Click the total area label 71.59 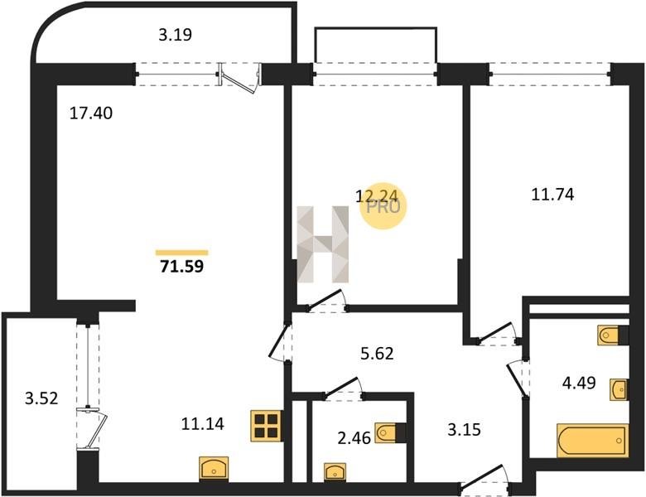pyautogui.click(x=181, y=267)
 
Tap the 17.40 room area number pyautogui.click(x=90, y=113)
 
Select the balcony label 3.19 pyautogui.click(x=175, y=35)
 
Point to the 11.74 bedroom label pyautogui.click(x=552, y=194)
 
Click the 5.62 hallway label pyautogui.click(x=377, y=354)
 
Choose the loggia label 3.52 pyautogui.click(x=41, y=398)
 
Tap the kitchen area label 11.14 pyautogui.click(x=203, y=423)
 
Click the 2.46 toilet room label pyautogui.click(x=354, y=438)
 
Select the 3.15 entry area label pyautogui.click(x=465, y=429)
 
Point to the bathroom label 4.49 pyautogui.click(x=579, y=383)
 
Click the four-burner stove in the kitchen pyautogui.click(x=266, y=426)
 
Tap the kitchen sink pyautogui.click(x=214, y=468)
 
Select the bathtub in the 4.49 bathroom pyautogui.click(x=592, y=441)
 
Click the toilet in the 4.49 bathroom pyautogui.click(x=613, y=335)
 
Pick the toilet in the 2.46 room pyautogui.click(x=390, y=433)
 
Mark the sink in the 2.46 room pyautogui.click(x=335, y=471)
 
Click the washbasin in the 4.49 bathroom pyautogui.click(x=619, y=389)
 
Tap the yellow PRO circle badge pyautogui.click(x=383, y=206)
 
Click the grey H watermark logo pyautogui.click(x=323, y=244)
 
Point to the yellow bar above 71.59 pyautogui.click(x=181, y=253)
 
